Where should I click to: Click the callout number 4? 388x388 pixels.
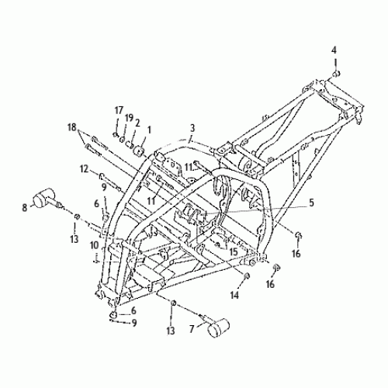[334, 50]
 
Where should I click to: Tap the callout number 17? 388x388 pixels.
[120, 109]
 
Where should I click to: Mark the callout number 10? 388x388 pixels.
[94, 245]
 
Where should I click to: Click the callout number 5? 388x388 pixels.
[312, 203]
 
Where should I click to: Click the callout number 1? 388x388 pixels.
[149, 130]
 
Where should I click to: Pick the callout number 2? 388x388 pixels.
[137, 122]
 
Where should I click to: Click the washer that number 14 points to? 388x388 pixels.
[247, 275]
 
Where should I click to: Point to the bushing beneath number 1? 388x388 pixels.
[143, 147]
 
